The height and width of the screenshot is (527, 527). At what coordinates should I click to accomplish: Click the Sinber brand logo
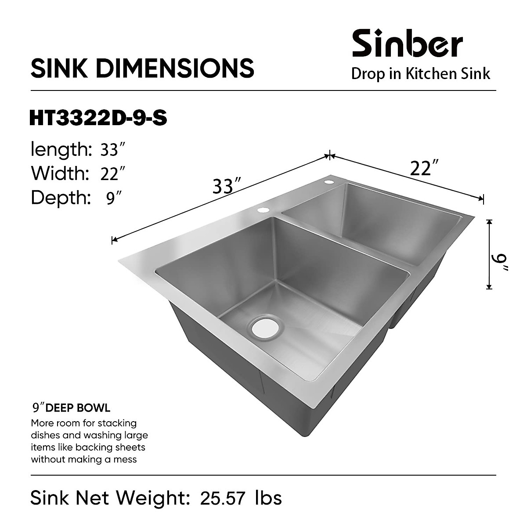(407, 43)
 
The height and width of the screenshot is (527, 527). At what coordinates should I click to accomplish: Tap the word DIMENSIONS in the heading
(176, 68)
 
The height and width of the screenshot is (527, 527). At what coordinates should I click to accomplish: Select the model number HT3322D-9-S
(98, 118)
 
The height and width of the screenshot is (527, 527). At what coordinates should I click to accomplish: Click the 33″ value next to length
(110, 150)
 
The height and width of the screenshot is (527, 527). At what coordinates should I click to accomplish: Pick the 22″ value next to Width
(110, 174)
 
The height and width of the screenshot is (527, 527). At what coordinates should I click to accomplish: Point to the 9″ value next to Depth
(114, 198)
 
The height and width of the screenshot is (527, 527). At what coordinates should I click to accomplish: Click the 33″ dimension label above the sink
(227, 187)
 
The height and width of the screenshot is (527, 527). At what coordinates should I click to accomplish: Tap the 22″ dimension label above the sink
(424, 168)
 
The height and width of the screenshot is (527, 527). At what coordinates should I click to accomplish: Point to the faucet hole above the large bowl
(263, 210)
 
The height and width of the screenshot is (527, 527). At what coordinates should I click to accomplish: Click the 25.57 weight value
(221, 498)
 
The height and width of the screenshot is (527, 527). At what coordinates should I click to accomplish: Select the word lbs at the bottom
(268, 498)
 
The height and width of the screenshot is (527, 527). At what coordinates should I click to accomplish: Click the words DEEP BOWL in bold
(78, 408)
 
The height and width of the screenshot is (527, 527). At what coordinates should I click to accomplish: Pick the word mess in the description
(125, 459)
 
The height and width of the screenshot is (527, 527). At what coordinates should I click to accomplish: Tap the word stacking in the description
(116, 423)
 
